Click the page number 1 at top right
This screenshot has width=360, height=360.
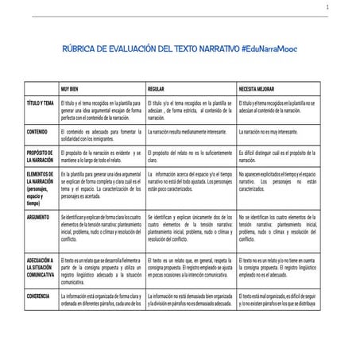point(348,7)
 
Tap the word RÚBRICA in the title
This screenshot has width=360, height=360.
point(82,49)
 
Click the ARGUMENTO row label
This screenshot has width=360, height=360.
point(38,215)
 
